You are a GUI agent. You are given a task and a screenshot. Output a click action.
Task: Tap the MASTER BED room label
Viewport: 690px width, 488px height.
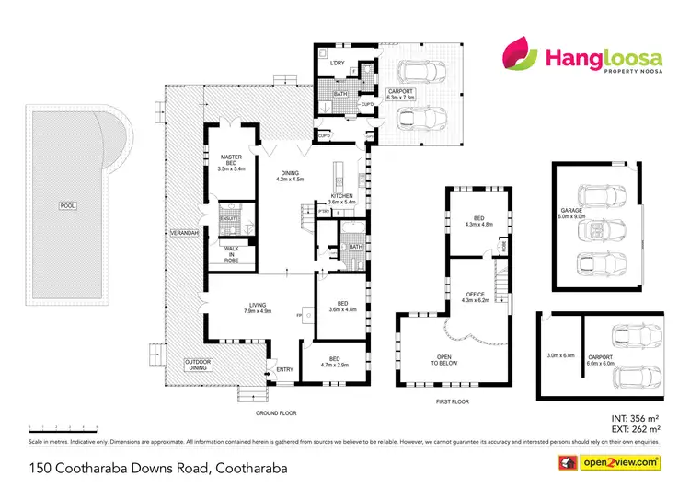[x=231, y=163]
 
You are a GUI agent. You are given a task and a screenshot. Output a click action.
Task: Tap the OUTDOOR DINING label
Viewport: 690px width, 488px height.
[x=199, y=366]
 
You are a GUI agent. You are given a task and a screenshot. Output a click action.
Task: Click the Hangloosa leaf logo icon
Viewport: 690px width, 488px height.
[x=516, y=57]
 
